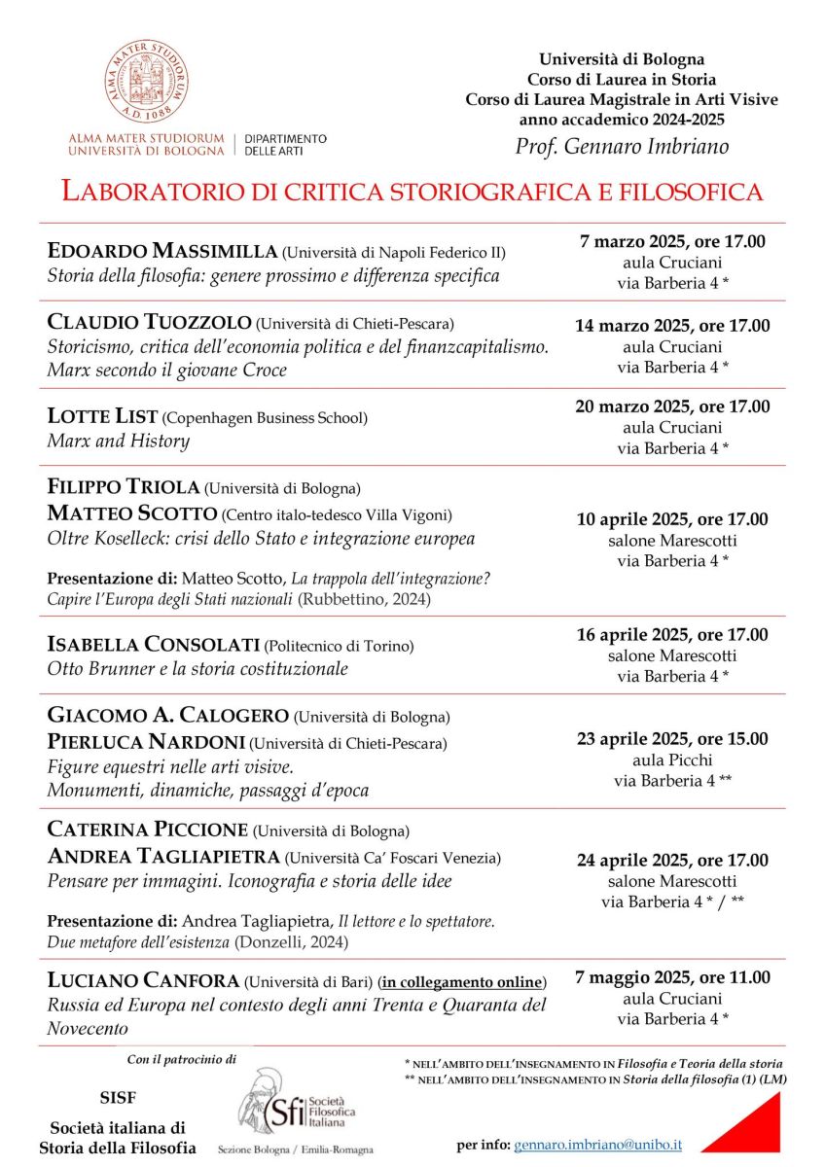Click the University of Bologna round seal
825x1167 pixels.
pos(147,82)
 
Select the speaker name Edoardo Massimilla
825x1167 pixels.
pos(161,252)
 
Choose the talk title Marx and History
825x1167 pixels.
pos(118,441)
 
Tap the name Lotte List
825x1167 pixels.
pos(102,416)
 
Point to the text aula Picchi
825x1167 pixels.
pos(671,760)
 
